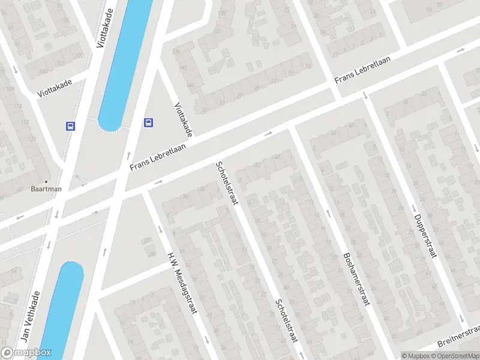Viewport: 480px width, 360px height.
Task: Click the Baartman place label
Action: [47, 188]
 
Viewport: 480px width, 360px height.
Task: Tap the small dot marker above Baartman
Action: [47, 181]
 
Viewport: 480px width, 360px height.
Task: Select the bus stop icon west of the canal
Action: [70, 126]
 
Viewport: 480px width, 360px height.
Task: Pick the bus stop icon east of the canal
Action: [148, 123]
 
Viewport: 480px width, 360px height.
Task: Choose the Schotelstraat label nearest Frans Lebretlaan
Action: [227, 182]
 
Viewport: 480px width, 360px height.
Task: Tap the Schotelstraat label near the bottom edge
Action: [286, 320]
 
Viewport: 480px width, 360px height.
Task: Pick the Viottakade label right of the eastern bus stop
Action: [184, 119]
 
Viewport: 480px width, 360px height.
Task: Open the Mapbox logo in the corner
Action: [26, 353]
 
